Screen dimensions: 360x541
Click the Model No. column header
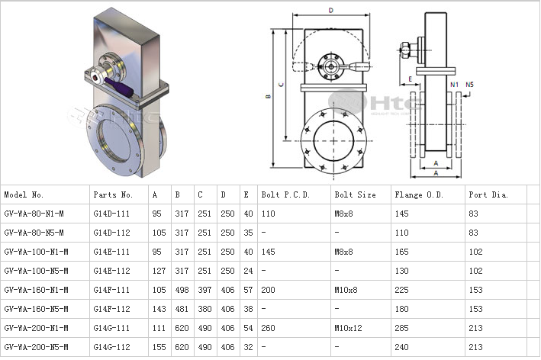(x=30, y=194)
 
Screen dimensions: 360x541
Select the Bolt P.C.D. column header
(x=285, y=194)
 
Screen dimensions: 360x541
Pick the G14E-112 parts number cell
(x=113, y=271)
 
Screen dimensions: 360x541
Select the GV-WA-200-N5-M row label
(x=36, y=347)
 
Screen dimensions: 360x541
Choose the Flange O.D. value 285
(x=402, y=328)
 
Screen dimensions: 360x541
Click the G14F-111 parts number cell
(x=113, y=290)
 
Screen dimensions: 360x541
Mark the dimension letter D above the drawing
(x=331, y=11)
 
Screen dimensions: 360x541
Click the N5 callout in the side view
(x=469, y=84)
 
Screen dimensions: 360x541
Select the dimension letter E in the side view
(x=411, y=78)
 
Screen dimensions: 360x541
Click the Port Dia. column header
(x=489, y=194)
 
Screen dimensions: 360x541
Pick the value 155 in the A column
(x=157, y=347)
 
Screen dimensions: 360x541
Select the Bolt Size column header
(x=356, y=194)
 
